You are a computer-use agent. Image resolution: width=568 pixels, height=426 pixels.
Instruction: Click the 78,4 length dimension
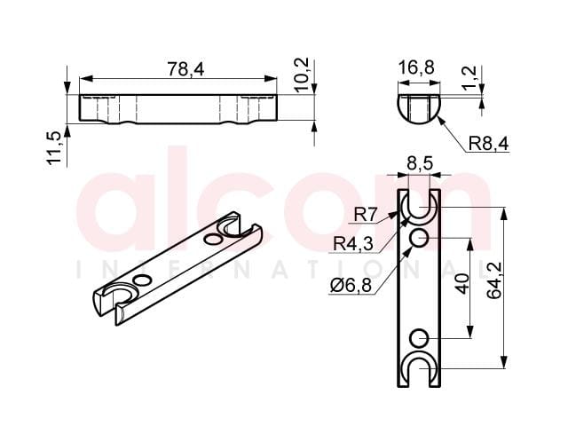tap(185, 69)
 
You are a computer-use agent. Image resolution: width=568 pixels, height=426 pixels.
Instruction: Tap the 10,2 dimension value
tap(301, 75)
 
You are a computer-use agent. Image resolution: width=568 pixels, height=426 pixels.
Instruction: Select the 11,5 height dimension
tap(54, 148)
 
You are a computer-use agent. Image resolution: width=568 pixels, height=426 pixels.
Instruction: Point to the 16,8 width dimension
tap(416, 67)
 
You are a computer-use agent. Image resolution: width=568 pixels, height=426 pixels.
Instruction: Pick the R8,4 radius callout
tap(488, 144)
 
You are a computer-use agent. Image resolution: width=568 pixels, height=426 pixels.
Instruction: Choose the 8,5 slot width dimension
tap(420, 163)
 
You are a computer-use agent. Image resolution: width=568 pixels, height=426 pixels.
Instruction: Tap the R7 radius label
tap(366, 215)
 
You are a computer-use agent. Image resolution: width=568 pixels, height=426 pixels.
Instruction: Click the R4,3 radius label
tap(353, 243)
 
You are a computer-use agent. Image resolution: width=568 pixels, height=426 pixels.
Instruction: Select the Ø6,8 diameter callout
tap(351, 286)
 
